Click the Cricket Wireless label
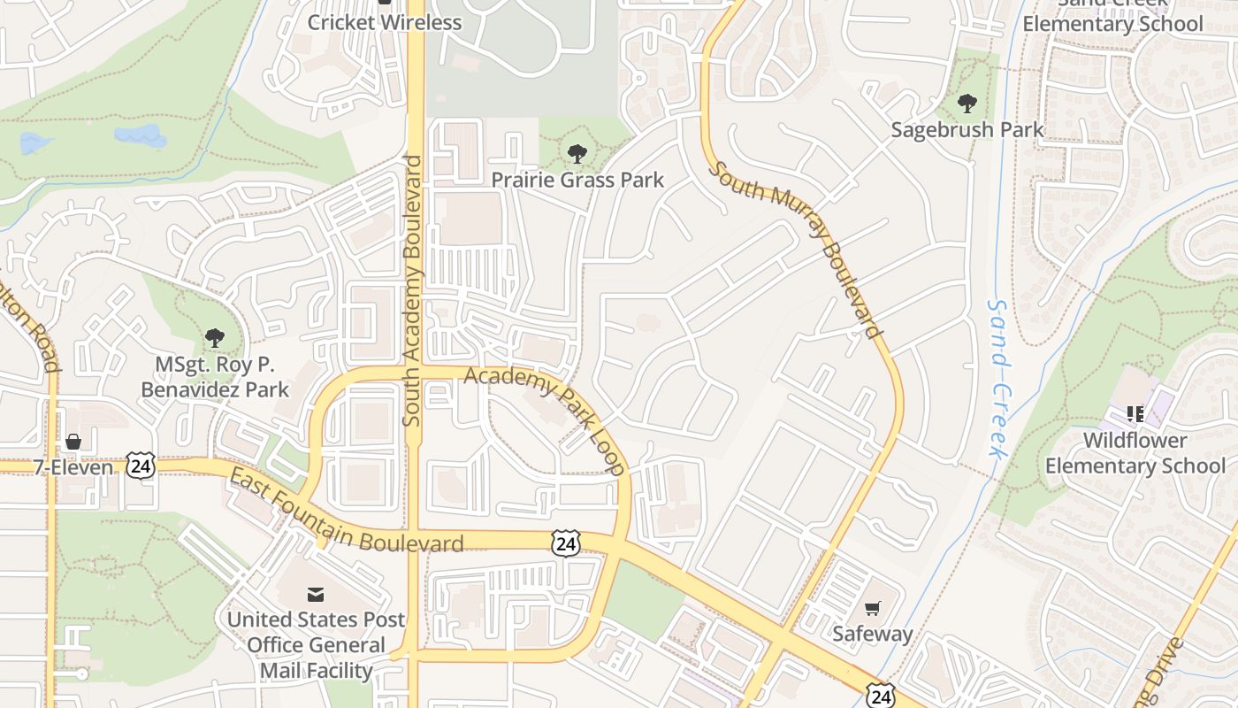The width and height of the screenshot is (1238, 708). tap(385, 22)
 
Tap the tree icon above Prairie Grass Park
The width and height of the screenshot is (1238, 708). tap(577, 154)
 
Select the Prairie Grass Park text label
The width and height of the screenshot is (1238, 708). tap(577, 181)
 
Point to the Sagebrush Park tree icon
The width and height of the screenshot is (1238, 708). tap(967, 104)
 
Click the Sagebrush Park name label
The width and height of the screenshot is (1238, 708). tap(967, 130)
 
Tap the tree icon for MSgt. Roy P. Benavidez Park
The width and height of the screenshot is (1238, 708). tap(214, 337)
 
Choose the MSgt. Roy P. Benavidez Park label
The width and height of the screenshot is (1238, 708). tap(215, 376)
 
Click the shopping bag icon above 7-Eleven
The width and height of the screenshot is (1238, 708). tap(73, 441)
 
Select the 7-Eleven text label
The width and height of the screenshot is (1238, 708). tap(73, 467)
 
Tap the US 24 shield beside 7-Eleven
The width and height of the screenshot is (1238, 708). tap(140, 466)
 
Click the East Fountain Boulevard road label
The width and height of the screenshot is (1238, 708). tap(346, 514)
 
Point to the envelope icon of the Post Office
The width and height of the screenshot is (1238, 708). tap(316, 594)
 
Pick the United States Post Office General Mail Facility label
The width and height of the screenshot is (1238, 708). tap(316, 645)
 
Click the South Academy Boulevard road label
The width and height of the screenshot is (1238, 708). tap(411, 291)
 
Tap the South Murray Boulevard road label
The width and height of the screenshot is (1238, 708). tap(797, 249)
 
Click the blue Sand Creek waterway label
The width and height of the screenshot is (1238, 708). tap(998, 379)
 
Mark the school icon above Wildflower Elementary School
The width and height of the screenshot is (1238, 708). tap(1135, 413)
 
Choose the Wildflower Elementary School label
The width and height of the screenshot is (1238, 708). tap(1135, 452)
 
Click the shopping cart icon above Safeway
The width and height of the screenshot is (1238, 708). tap(873, 608)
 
